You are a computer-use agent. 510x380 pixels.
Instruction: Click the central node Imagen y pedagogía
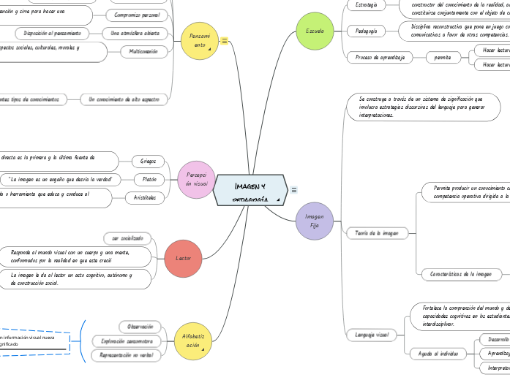pyautogui.click(x=249, y=189)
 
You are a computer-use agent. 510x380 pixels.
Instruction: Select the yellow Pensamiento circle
pyautogui.click(x=199, y=40)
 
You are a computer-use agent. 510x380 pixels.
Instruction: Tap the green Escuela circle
pyautogui.click(x=315, y=31)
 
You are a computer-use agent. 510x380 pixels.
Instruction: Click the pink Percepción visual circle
pyautogui.click(x=196, y=179)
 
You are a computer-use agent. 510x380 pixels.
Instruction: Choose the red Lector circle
pyautogui.click(x=184, y=258)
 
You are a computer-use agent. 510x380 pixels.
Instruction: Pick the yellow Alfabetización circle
pyautogui.click(x=193, y=341)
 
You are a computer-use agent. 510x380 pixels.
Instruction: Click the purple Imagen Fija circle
pyautogui.click(x=314, y=221)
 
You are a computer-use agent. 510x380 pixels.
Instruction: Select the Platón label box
pyautogui.click(x=149, y=179)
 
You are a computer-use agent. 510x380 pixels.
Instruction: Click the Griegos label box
pyautogui.click(x=147, y=161)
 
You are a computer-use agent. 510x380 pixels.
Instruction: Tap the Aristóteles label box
pyautogui.click(x=145, y=197)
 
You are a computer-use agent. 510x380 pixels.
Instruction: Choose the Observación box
pyautogui.click(x=140, y=326)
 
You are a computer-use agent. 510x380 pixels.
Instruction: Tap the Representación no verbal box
pyautogui.click(x=125, y=355)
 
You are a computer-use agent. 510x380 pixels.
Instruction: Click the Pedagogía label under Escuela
pyautogui.click(x=366, y=31)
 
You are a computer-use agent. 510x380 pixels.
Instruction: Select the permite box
pyautogui.click(x=443, y=57)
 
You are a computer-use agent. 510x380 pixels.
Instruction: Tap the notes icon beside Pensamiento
pyautogui.click(x=224, y=41)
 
